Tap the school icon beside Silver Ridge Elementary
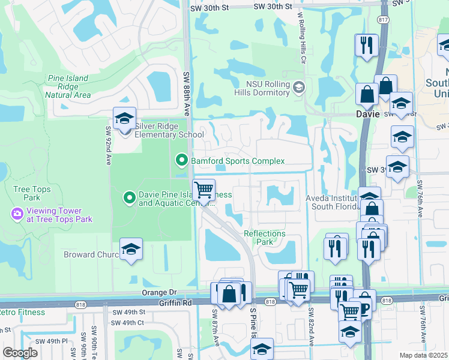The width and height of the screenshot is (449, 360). (x=124, y=118)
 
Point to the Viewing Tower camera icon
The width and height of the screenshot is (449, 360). (x=16, y=213)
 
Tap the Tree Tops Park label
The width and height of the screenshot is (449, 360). (x=32, y=193)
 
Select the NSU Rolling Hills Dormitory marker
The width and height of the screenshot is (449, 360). (x=298, y=88)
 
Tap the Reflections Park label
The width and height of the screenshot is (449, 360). (x=265, y=238)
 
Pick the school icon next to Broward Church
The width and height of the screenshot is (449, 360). (x=130, y=250)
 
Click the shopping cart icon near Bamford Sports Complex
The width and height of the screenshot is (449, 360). (x=204, y=190)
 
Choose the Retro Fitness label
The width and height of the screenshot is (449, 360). (x=23, y=312)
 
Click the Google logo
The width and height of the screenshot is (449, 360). (x=20, y=352)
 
